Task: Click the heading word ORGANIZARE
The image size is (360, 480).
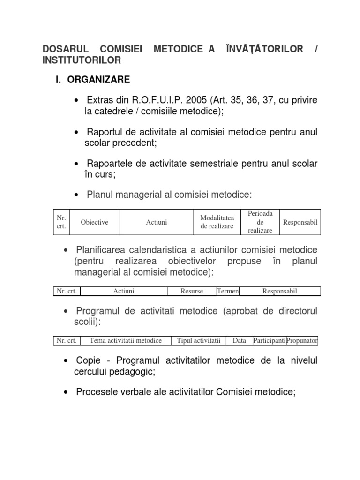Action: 98,80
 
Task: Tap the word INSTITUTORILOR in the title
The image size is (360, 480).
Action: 82,60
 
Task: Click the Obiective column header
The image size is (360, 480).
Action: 94,222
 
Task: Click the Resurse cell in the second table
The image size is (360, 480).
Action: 192,292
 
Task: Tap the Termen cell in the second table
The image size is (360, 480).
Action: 228,292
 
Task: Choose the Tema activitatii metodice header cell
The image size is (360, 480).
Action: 126,341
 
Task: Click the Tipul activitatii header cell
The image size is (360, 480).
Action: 198,341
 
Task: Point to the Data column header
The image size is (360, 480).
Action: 239,341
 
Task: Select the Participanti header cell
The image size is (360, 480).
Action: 269,341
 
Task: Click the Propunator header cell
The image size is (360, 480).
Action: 302,341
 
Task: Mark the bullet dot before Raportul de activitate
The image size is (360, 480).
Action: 76,133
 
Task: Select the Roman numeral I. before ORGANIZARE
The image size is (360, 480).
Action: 59,80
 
